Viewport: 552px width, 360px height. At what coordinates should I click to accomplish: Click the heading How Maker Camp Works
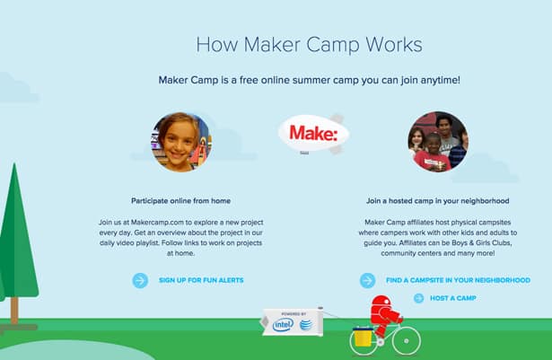pos(309,45)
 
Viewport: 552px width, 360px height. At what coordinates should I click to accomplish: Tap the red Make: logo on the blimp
pos(313,133)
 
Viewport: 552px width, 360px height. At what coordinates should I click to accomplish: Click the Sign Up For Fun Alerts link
pos(201,280)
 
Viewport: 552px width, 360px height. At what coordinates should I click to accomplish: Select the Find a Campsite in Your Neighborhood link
pos(458,280)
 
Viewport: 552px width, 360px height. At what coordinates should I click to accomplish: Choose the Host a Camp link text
pos(453,298)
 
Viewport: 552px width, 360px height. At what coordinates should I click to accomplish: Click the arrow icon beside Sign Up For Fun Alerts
pos(140,280)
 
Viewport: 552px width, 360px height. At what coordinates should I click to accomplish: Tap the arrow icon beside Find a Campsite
pos(367,280)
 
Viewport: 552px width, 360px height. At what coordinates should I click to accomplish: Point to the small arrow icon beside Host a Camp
pos(418,298)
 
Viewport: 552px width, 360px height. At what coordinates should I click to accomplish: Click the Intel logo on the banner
pos(283,324)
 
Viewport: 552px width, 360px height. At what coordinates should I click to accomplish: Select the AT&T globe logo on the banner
pos(306,324)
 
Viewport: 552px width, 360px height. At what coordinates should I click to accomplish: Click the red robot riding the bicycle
pos(384,314)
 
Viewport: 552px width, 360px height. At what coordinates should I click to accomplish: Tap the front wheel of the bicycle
pos(407,341)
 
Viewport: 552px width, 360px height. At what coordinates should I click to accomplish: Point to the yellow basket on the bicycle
pos(363,337)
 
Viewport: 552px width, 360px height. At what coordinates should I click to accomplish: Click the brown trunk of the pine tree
pos(14,311)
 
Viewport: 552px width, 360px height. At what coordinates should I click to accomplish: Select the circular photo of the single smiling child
pos(181,142)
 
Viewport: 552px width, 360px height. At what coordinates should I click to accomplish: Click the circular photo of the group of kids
pos(438,142)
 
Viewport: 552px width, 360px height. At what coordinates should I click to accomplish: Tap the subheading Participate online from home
pos(181,201)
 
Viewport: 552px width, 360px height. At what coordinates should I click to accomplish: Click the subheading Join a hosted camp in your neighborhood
pos(438,201)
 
